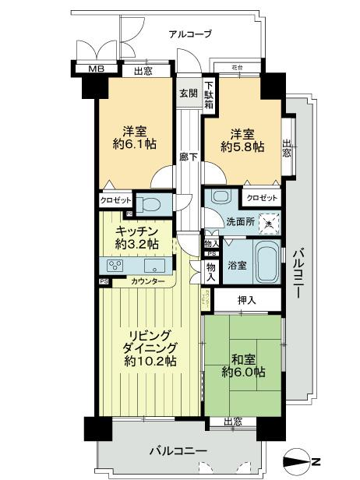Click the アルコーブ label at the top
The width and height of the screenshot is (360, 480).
pyautogui.click(x=190, y=34)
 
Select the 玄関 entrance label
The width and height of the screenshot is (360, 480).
pyautogui.click(x=189, y=93)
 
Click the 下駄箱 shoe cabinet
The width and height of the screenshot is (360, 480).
pyautogui.click(x=209, y=94)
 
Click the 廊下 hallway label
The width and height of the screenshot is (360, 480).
pyautogui.click(x=188, y=156)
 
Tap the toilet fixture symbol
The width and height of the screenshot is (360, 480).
pyautogui.click(x=152, y=205)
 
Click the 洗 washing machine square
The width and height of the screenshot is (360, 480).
pyautogui.click(x=269, y=222)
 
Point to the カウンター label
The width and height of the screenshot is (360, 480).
pyautogui.click(x=147, y=281)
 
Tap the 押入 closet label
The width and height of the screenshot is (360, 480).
pyautogui.click(x=245, y=299)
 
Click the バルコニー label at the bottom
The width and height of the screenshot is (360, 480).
pyautogui.click(x=180, y=451)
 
